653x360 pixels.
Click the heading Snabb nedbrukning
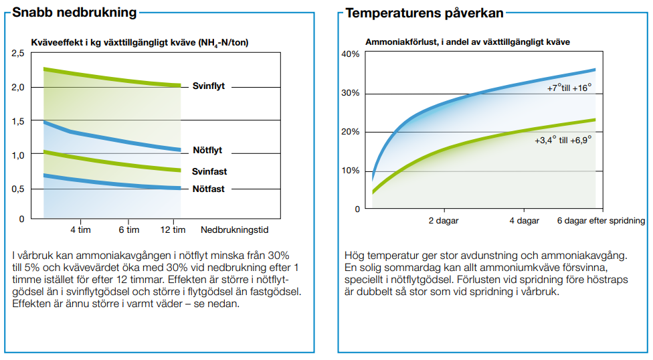(x=75, y=13)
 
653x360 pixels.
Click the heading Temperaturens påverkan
(x=424, y=13)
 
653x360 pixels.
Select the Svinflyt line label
(x=208, y=86)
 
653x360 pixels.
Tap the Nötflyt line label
(x=207, y=151)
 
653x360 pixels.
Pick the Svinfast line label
(x=209, y=171)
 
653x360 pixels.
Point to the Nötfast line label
(x=209, y=189)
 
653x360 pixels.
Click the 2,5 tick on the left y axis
(x=18, y=53)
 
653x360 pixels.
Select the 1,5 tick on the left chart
(x=18, y=120)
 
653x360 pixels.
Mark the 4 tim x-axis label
(x=81, y=230)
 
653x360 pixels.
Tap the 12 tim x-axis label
(x=173, y=230)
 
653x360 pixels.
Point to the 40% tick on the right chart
(x=351, y=54)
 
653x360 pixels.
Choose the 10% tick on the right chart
(x=351, y=170)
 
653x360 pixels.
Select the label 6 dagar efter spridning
(x=601, y=221)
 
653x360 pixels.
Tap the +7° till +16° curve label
(x=569, y=88)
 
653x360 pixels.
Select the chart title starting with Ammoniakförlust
(x=467, y=42)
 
